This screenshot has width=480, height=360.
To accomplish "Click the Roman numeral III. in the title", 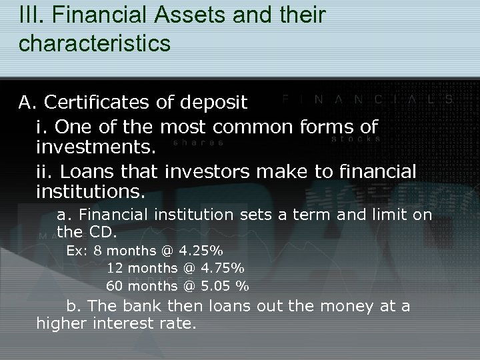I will (x=31, y=17).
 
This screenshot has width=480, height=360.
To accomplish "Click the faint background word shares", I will (x=198, y=141).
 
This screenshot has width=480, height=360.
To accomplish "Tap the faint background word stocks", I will (x=355, y=139).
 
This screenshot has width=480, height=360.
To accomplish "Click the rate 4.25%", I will (x=201, y=251).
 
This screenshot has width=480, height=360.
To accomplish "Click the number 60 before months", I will (x=115, y=287).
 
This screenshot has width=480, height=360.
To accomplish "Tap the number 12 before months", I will (x=115, y=269).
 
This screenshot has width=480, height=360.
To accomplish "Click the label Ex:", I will (x=77, y=251).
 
